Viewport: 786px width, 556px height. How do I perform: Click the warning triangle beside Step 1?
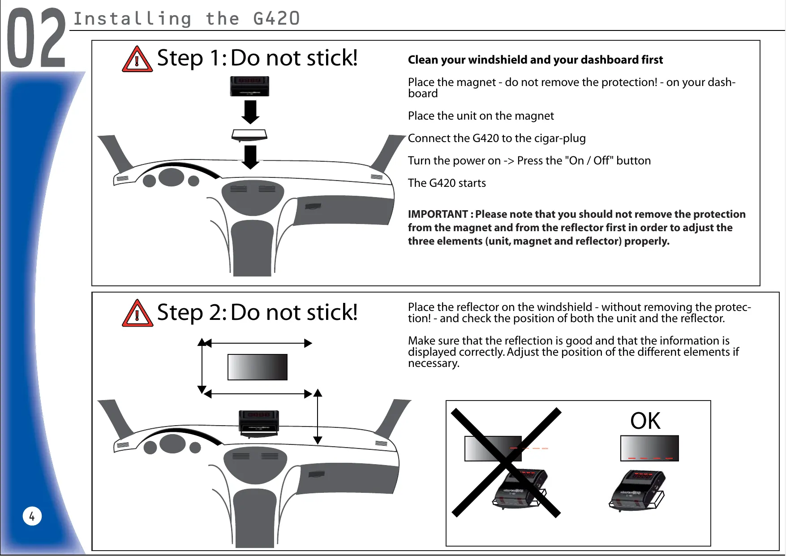coord(137,60)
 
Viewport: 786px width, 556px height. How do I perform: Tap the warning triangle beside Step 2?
coord(137,314)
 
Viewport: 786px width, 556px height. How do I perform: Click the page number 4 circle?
coord(32,516)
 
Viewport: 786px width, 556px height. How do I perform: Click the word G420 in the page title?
coord(276,19)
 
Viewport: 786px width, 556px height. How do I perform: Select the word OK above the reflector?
coord(645,421)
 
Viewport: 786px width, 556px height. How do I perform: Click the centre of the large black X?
coord(506,462)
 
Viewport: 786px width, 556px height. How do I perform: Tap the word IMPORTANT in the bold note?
coord(438,215)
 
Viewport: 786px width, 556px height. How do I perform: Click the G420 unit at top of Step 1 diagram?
coord(249,86)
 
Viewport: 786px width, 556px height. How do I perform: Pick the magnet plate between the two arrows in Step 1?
coord(249,135)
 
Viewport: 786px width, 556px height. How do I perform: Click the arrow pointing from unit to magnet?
coord(250,112)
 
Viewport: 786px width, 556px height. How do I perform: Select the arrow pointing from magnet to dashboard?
coord(250,157)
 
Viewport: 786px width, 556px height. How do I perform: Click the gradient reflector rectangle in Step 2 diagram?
coord(258,367)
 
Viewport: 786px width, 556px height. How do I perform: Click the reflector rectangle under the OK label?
coord(649,448)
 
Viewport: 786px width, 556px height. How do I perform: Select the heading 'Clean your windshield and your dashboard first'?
coord(535,60)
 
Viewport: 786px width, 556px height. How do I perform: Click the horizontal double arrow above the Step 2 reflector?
coord(258,343)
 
